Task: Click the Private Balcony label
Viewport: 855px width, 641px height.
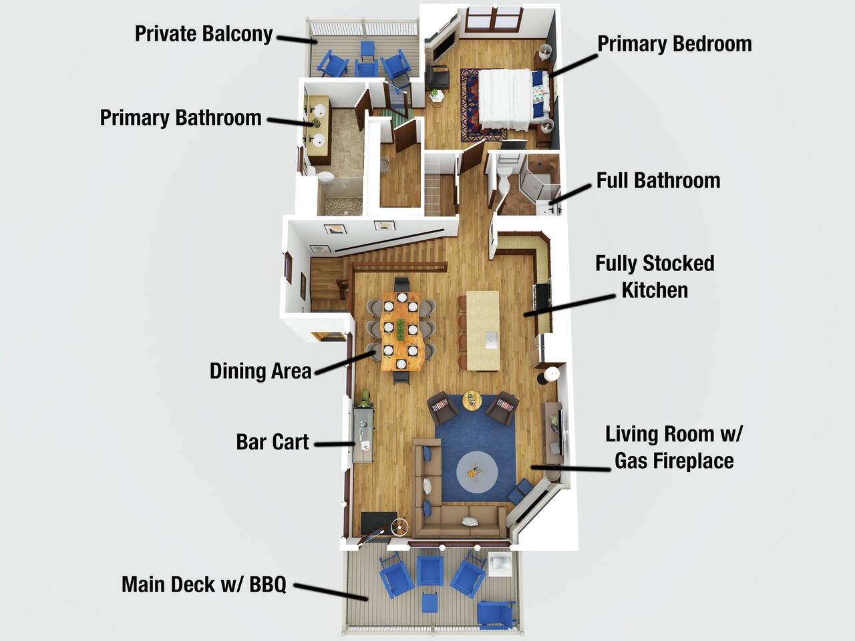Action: (x=204, y=34)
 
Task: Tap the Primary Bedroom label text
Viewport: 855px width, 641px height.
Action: (x=675, y=44)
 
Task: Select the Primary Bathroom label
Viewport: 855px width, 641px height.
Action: (x=181, y=118)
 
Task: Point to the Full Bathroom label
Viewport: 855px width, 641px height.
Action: (x=659, y=180)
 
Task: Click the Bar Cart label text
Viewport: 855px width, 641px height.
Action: (x=273, y=442)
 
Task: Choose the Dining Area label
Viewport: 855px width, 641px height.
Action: (x=261, y=371)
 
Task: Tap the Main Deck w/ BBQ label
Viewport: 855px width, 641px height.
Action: (x=204, y=584)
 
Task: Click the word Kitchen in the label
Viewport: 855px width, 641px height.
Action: (x=655, y=290)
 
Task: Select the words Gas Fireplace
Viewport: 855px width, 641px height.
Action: (x=674, y=461)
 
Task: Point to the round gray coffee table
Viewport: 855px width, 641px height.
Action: (x=477, y=471)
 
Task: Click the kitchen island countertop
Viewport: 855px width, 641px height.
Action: (x=483, y=331)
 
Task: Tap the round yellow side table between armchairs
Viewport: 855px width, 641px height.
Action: (x=472, y=401)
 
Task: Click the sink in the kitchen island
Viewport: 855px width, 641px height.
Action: (x=492, y=341)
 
